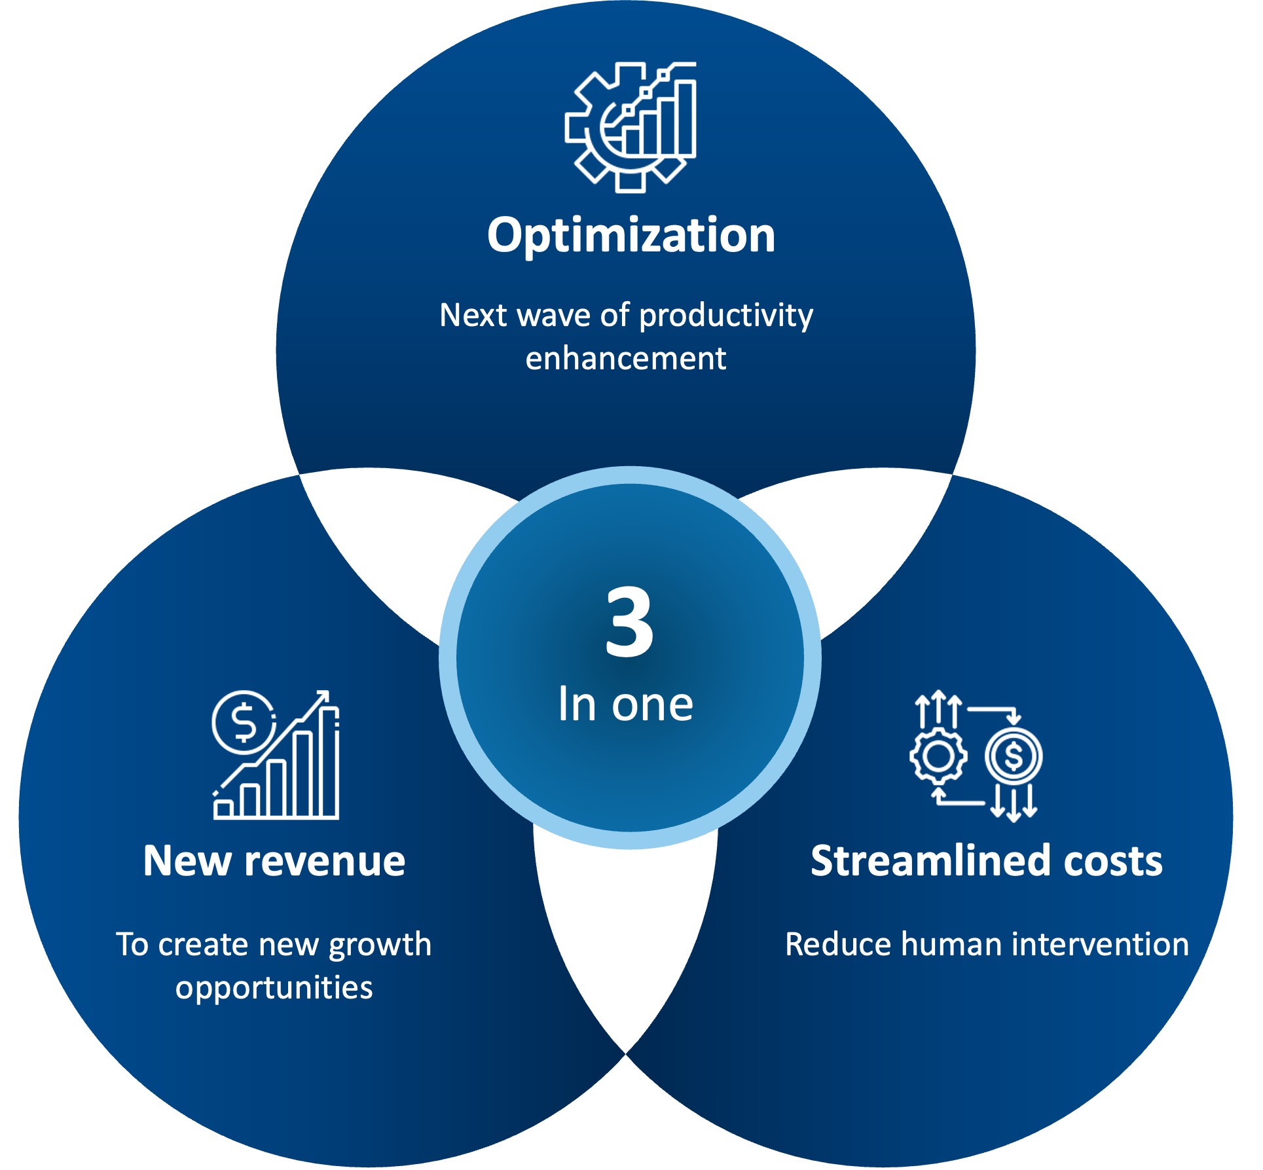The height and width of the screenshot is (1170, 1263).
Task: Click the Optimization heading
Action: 631,235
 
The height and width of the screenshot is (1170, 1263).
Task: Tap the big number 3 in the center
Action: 629,622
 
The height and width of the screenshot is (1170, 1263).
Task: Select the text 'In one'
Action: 626,704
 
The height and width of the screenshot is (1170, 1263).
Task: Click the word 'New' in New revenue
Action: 187,860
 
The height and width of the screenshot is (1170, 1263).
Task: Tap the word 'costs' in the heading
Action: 1114,862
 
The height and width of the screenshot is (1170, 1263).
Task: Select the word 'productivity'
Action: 726,316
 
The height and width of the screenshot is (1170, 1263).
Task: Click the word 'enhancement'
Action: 626,359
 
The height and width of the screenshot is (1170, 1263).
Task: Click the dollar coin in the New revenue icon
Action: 244,722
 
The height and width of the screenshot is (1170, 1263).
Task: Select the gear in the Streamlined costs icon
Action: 938,757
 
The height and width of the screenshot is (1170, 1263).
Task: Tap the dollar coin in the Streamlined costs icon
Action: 1014,757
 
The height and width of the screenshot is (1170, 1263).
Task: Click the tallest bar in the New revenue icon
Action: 329,762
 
